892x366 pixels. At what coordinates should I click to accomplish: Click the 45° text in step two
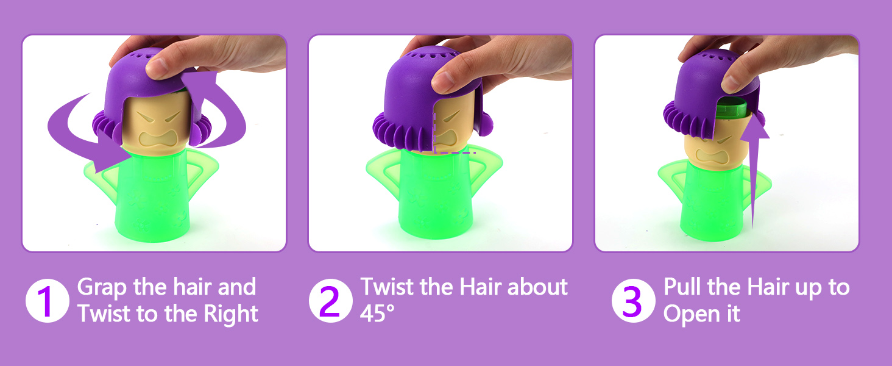click(x=378, y=314)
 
